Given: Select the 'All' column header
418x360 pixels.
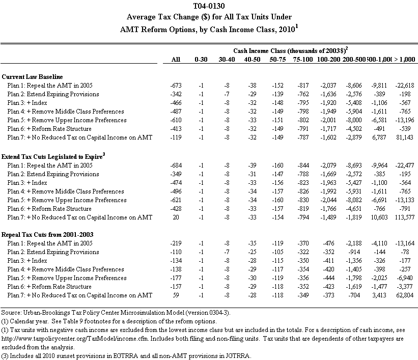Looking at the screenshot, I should (x=176, y=60).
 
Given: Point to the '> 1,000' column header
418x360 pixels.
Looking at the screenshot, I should (x=403, y=60).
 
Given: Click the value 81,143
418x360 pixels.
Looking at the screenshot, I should (x=406, y=137).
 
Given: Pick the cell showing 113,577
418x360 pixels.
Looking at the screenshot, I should (x=404, y=217).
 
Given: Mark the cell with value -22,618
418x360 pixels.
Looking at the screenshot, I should (x=404, y=85).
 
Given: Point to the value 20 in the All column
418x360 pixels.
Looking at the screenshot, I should (x=176, y=217).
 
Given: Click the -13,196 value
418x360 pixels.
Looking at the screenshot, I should (x=404, y=120).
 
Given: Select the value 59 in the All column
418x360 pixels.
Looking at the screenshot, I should (x=176, y=295).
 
